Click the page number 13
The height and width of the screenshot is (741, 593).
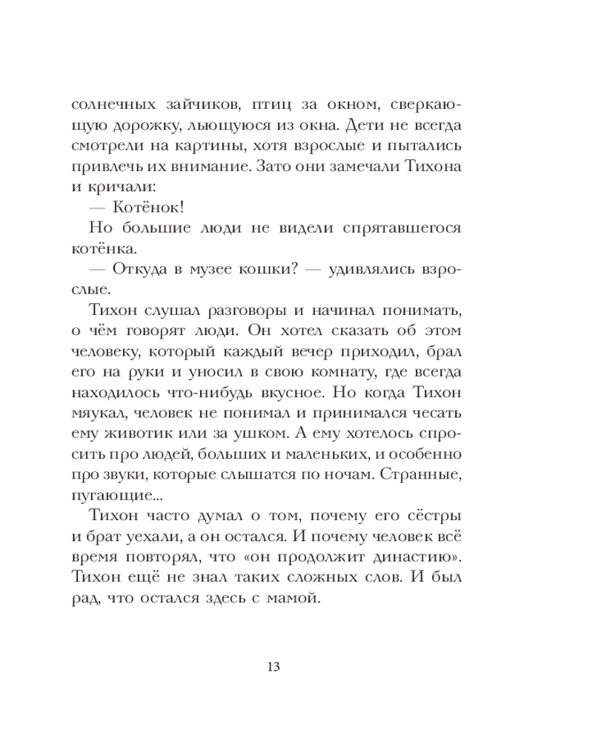click(272, 666)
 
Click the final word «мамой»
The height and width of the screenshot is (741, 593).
click(297, 598)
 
